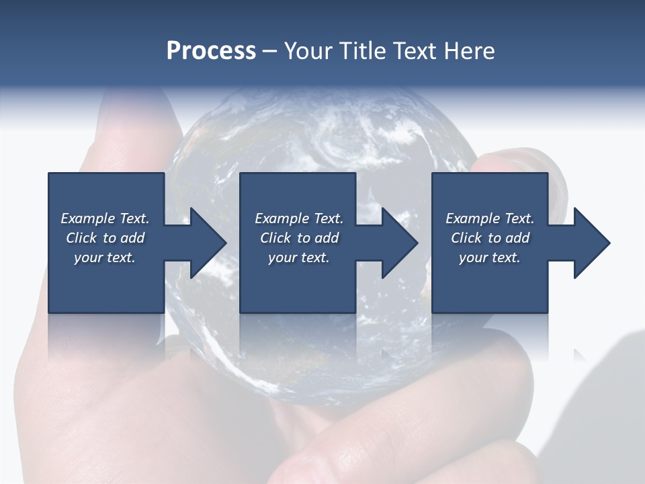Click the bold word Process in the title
point(211,50)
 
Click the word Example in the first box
point(88,218)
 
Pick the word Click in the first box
point(81,238)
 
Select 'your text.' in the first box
point(105,257)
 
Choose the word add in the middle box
point(327,238)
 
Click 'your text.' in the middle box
point(298,257)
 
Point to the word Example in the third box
point(473,218)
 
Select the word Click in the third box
point(466,238)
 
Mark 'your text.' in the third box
point(490,257)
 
